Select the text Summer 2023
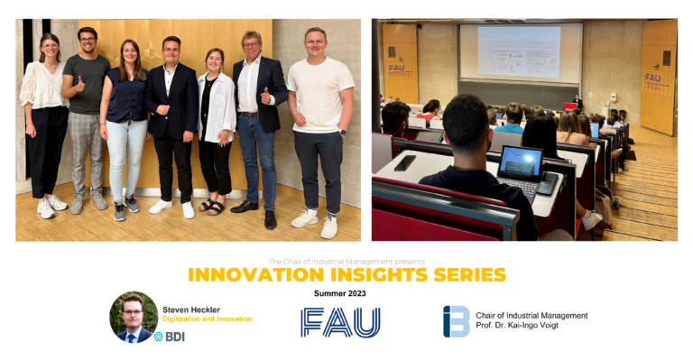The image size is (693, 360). point(340,294)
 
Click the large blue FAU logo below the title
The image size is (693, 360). point(340,321)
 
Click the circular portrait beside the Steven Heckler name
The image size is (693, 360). point(134,317)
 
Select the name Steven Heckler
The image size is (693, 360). point(191,309)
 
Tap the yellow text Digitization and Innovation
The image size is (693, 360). point(208,319)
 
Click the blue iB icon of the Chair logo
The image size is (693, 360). point(456,321)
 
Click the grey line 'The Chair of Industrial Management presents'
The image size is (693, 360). point(346,262)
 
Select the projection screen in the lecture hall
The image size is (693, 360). point(519,52)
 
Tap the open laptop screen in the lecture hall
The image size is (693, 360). point(521,162)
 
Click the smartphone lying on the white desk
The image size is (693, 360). point(405,162)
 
